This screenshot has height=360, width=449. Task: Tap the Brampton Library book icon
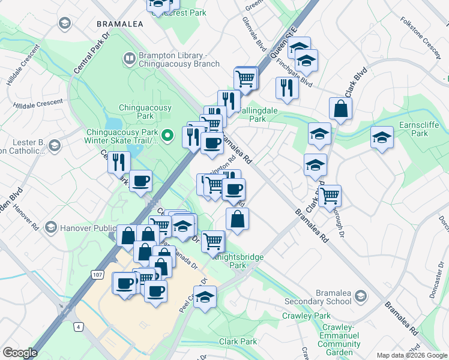pyautogui.click(x=128, y=58)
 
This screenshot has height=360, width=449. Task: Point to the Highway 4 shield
pyautogui.click(x=78, y=326)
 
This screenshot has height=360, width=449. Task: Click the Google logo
pyautogui.click(x=20, y=353)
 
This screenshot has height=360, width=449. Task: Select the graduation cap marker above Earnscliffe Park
pyautogui.click(x=382, y=138)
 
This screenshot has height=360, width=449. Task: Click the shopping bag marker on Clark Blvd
pyautogui.click(x=340, y=109)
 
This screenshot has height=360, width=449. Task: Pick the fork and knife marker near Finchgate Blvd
pyautogui.click(x=287, y=88)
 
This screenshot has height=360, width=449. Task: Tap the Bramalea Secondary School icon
pyautogui.click(x=360, y=296)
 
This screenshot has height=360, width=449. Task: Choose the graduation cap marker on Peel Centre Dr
pyautogui.click(x=205, y=297)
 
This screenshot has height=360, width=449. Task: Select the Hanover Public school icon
pyautogui.click(x=50, y=227)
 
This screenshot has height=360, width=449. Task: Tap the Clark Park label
pyautogui.click(x=238, y=341)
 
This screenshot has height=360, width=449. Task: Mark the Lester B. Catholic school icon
pyautogui.click(x=55, y=146)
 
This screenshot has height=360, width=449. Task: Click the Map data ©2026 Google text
pyautogui.click(x=412, y=355)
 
